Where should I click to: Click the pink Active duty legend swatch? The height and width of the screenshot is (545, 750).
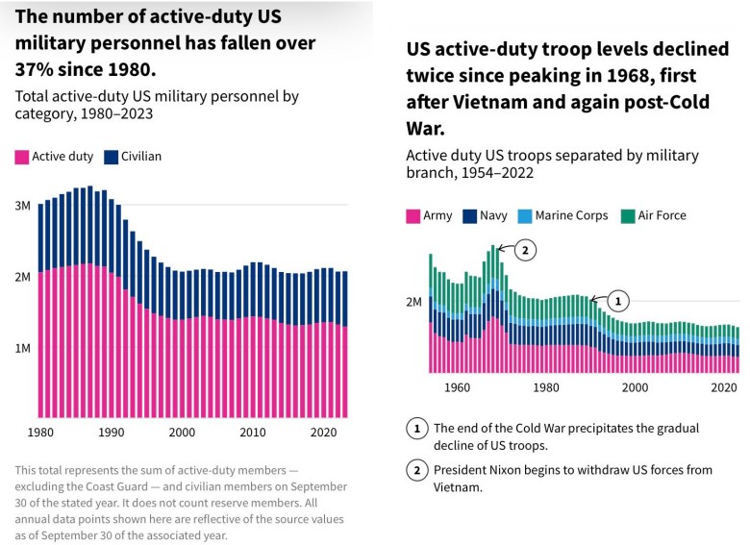22,156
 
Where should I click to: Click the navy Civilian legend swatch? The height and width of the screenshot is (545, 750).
111,156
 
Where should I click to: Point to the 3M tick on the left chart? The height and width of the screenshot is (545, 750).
21,206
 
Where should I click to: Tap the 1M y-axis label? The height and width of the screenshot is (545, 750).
21,347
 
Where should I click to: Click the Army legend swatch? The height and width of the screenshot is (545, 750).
413,216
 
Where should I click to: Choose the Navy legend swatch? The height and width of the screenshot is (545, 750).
472,216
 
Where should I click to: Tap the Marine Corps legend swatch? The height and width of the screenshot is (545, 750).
525,216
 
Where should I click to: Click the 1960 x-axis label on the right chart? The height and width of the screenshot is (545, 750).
458,387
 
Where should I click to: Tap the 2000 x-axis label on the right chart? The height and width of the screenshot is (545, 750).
635,387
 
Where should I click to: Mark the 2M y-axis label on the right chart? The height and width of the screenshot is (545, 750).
413,302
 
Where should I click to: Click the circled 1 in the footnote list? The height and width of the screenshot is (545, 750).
416,429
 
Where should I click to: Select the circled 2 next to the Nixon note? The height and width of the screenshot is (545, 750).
416,470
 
